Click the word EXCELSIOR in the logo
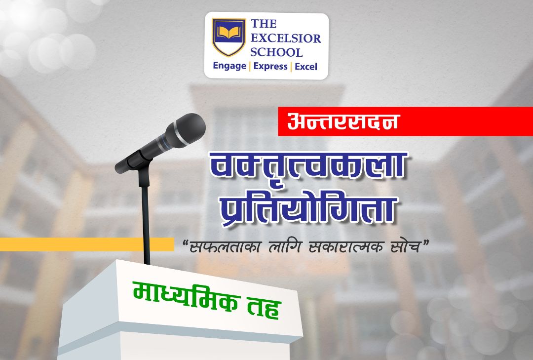286,38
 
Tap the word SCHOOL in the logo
276,52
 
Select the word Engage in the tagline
229,66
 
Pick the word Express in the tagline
270,66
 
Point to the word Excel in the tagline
306,66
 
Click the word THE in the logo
264,24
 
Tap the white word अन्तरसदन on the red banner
343,121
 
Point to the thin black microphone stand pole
146,225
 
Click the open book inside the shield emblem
229,33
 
